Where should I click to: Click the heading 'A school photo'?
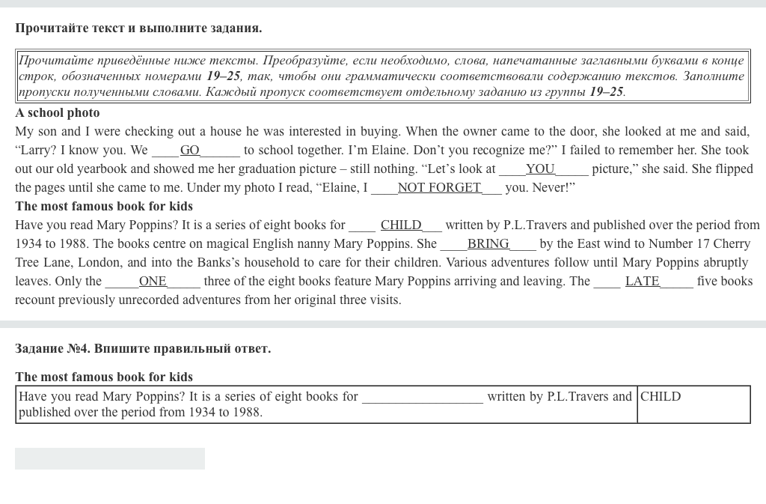tap(58, 113)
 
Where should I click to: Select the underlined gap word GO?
tap(190, 151)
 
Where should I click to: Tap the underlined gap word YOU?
tap(540, 169)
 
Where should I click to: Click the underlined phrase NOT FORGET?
tap(439, 188)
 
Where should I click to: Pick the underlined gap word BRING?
tap(488, 244)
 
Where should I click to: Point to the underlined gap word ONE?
tap(153, 282)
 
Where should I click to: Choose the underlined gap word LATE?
tap(642, 282)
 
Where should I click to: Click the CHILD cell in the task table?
tap(661, 397)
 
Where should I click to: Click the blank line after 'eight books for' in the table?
tap(423, 398)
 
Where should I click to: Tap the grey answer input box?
tap(110, 458)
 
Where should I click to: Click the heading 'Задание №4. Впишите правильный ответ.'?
tap(143, 349)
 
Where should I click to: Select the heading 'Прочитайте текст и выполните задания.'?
tap(138, 28)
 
